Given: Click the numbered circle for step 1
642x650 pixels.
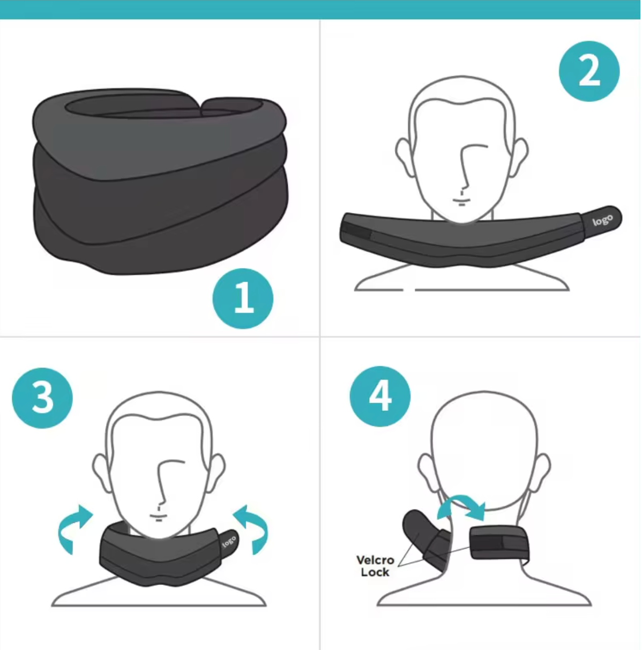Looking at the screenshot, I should [x=243, y=298].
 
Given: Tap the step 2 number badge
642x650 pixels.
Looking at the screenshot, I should [x=589, y=71].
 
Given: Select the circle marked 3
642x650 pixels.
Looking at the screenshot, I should [x=42, y=397].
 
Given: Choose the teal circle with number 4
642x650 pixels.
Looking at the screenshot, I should [x=380, y=396].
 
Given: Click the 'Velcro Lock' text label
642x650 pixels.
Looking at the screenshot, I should [x=375, y=566].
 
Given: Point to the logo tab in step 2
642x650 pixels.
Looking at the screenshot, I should [x=602, y=219].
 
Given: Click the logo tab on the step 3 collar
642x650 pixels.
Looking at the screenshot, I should [x=229, y=541].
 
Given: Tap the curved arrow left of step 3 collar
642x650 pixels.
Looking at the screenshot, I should [x=73, y=527].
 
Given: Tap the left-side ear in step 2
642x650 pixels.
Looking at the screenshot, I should [x=405, y=156].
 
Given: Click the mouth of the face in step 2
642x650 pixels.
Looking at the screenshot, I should [x=461, y=202].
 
